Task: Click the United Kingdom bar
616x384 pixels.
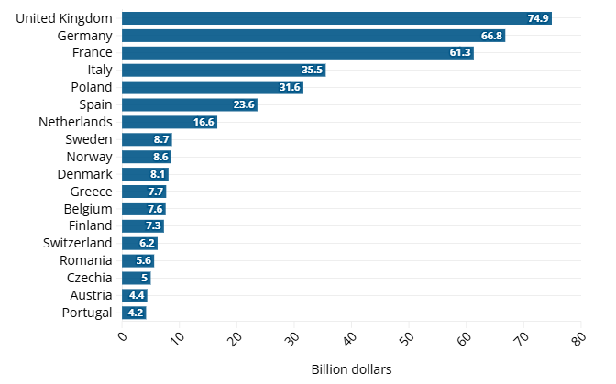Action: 336,18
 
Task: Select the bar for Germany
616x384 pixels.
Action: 313,36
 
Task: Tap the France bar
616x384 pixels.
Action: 297,53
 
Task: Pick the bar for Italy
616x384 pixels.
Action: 223,70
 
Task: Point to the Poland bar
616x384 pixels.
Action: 212,87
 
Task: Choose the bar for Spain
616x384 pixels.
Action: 189,104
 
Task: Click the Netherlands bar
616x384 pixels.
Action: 169,122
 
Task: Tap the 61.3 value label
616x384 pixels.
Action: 460,53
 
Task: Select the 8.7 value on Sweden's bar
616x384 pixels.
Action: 161,139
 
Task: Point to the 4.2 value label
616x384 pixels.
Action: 136,313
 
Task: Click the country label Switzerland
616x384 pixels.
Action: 78,243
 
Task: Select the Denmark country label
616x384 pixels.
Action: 84,174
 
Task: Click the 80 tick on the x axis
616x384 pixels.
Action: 577,338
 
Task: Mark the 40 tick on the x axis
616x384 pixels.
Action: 349,338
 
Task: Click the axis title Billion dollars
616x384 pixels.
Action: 351,369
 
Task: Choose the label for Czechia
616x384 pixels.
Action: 90,278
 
